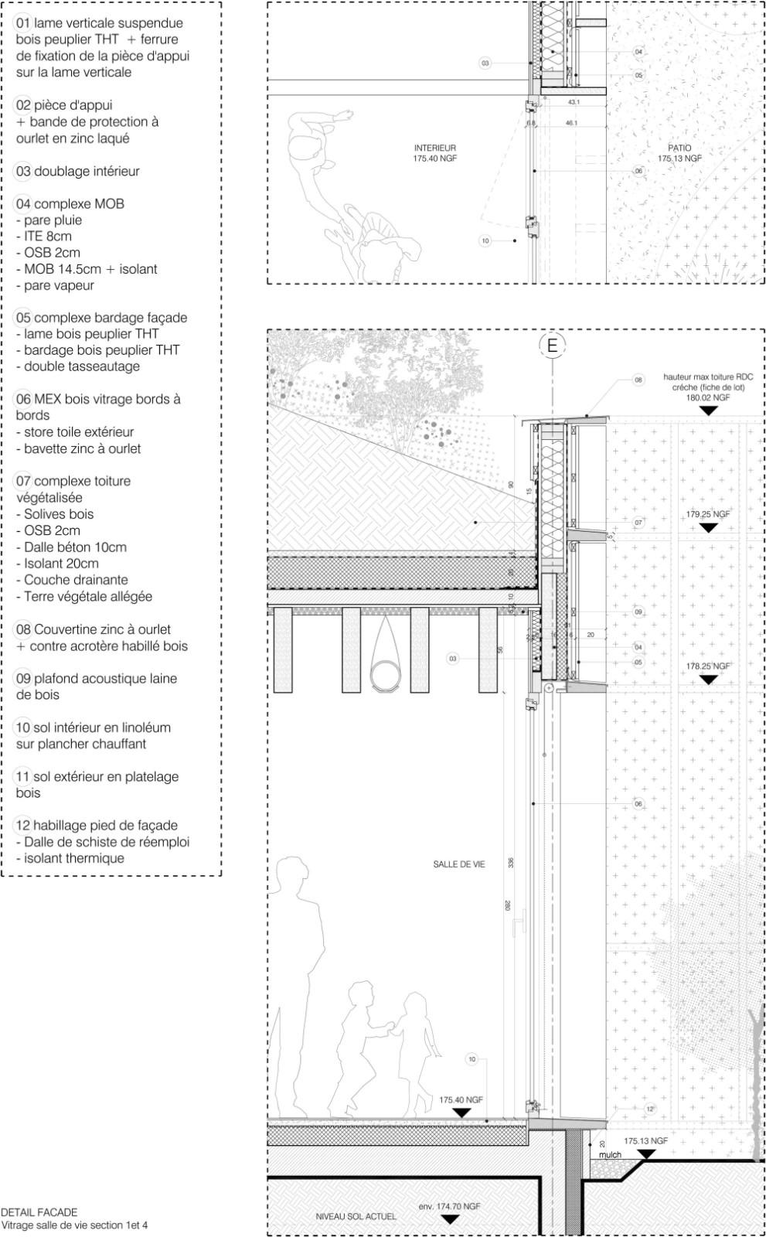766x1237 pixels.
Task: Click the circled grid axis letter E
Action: point(552,346)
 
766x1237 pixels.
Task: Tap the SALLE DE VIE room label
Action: point(459,864)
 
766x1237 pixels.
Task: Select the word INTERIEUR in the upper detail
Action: point(435,148)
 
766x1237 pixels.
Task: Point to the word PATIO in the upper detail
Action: point(680,148)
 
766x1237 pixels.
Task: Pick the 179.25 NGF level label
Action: point(707,514)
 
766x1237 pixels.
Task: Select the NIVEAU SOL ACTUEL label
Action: point(356,1217)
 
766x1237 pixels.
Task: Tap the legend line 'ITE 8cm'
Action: point(48,237)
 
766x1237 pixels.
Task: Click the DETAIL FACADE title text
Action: point(39,1212)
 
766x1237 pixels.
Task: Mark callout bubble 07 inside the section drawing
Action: point(638,523)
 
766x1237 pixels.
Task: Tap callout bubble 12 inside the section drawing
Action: point(650,1109)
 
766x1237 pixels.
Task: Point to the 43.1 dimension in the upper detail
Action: point(574,102)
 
